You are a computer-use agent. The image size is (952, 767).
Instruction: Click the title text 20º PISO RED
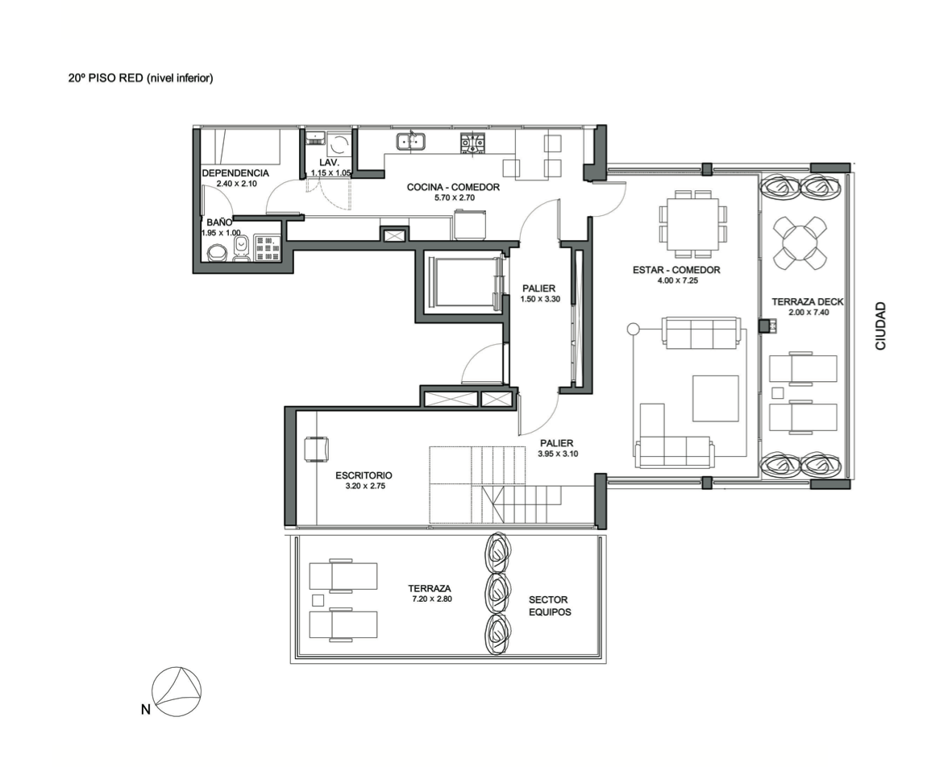coord(106,77)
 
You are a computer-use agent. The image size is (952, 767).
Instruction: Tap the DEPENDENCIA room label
coord(235,173)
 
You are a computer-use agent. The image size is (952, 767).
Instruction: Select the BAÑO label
coord(219,222)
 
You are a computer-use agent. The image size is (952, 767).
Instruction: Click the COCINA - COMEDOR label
coord(453,187)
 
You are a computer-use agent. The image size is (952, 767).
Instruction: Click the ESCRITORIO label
coord(364,475)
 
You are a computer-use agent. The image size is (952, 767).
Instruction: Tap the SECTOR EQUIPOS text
coord(550,606)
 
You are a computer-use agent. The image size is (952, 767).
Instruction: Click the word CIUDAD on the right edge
coord(880,325)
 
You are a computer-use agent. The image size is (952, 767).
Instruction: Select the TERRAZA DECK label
coord(808,301)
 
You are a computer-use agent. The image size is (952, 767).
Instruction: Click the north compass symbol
coord(176,692)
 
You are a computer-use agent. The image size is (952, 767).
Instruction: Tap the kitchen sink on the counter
coord(411,141)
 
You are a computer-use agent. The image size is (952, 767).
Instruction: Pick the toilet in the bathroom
coord(241,250)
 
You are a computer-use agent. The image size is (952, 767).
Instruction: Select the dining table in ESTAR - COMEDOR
coord(692,223)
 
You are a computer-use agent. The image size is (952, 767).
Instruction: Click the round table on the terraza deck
coord(800,243)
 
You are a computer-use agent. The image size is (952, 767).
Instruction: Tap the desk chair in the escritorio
coord(316,449)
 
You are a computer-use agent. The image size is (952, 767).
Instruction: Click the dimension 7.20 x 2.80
coord(432,599)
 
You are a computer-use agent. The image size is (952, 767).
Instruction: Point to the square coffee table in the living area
coord(716,399)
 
